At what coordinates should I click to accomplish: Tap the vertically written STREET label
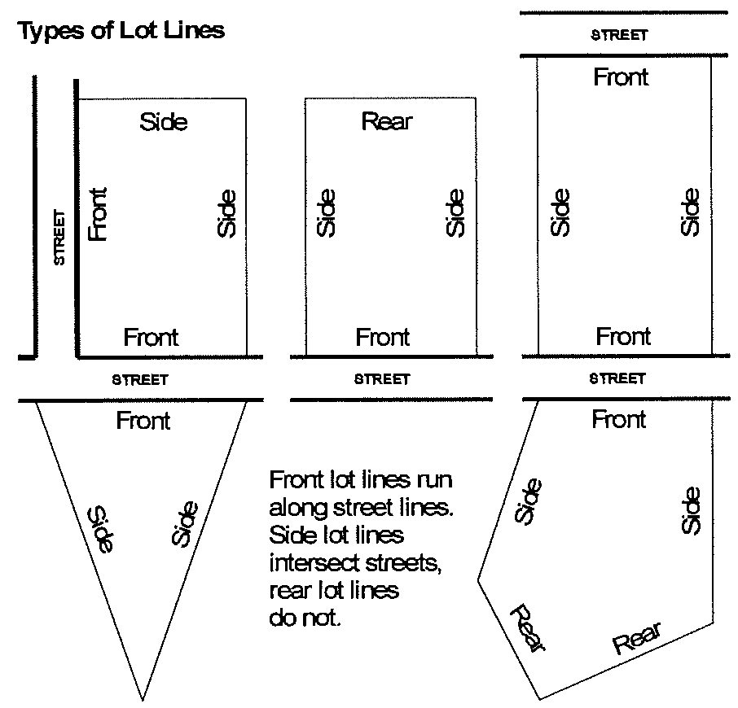[x=59, y=238]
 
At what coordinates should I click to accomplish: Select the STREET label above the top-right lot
[x=619, y=35]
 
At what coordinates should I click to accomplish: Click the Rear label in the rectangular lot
[x=387, y=122]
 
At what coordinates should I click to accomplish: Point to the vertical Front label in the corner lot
[x=98, y=214]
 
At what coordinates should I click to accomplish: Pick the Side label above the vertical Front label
[x=164, y=122]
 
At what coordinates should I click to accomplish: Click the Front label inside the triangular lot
[x=143, y=421]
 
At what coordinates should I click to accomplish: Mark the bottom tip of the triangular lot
[x=143, y=698]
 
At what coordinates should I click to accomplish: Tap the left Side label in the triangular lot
[x=102, y=529]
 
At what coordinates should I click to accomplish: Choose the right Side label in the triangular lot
[x=185, y=524]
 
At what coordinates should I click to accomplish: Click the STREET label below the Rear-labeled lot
[x=382, y=379]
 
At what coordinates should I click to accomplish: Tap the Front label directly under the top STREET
[x=621, y=78]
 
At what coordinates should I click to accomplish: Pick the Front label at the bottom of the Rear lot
[x=383, y=336]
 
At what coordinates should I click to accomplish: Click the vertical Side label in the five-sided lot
[x=691, y=510]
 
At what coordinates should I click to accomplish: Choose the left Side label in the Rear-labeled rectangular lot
[x=325, y=212]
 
